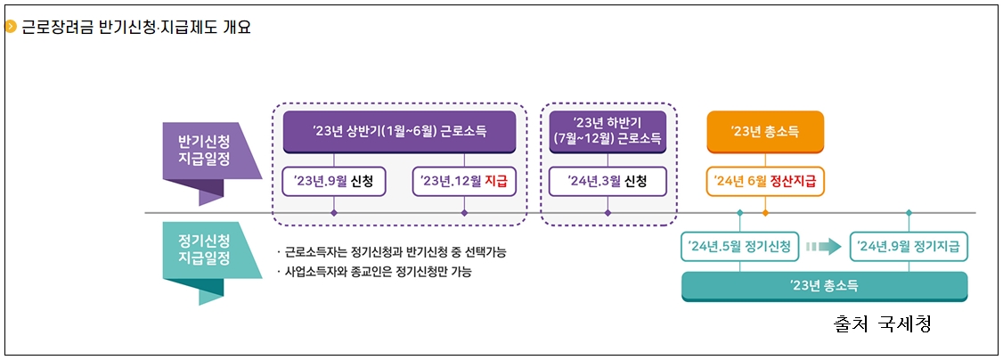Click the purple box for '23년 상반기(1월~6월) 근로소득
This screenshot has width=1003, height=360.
399,131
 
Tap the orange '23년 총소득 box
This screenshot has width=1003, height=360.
764,131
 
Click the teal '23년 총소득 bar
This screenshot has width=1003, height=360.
823,285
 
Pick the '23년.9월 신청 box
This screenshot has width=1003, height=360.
333,182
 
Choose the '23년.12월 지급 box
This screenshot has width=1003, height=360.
464,182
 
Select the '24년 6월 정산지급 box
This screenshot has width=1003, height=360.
764,182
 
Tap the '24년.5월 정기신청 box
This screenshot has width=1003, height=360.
739,246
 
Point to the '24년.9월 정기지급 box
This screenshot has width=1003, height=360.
908,246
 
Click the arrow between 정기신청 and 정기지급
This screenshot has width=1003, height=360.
823,246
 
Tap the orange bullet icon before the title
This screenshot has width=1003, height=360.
11,27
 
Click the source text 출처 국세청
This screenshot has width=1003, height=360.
881,323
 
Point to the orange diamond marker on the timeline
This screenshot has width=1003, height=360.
765,213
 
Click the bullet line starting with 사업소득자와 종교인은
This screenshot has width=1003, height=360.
374,272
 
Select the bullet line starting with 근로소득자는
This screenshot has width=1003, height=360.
391,252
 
